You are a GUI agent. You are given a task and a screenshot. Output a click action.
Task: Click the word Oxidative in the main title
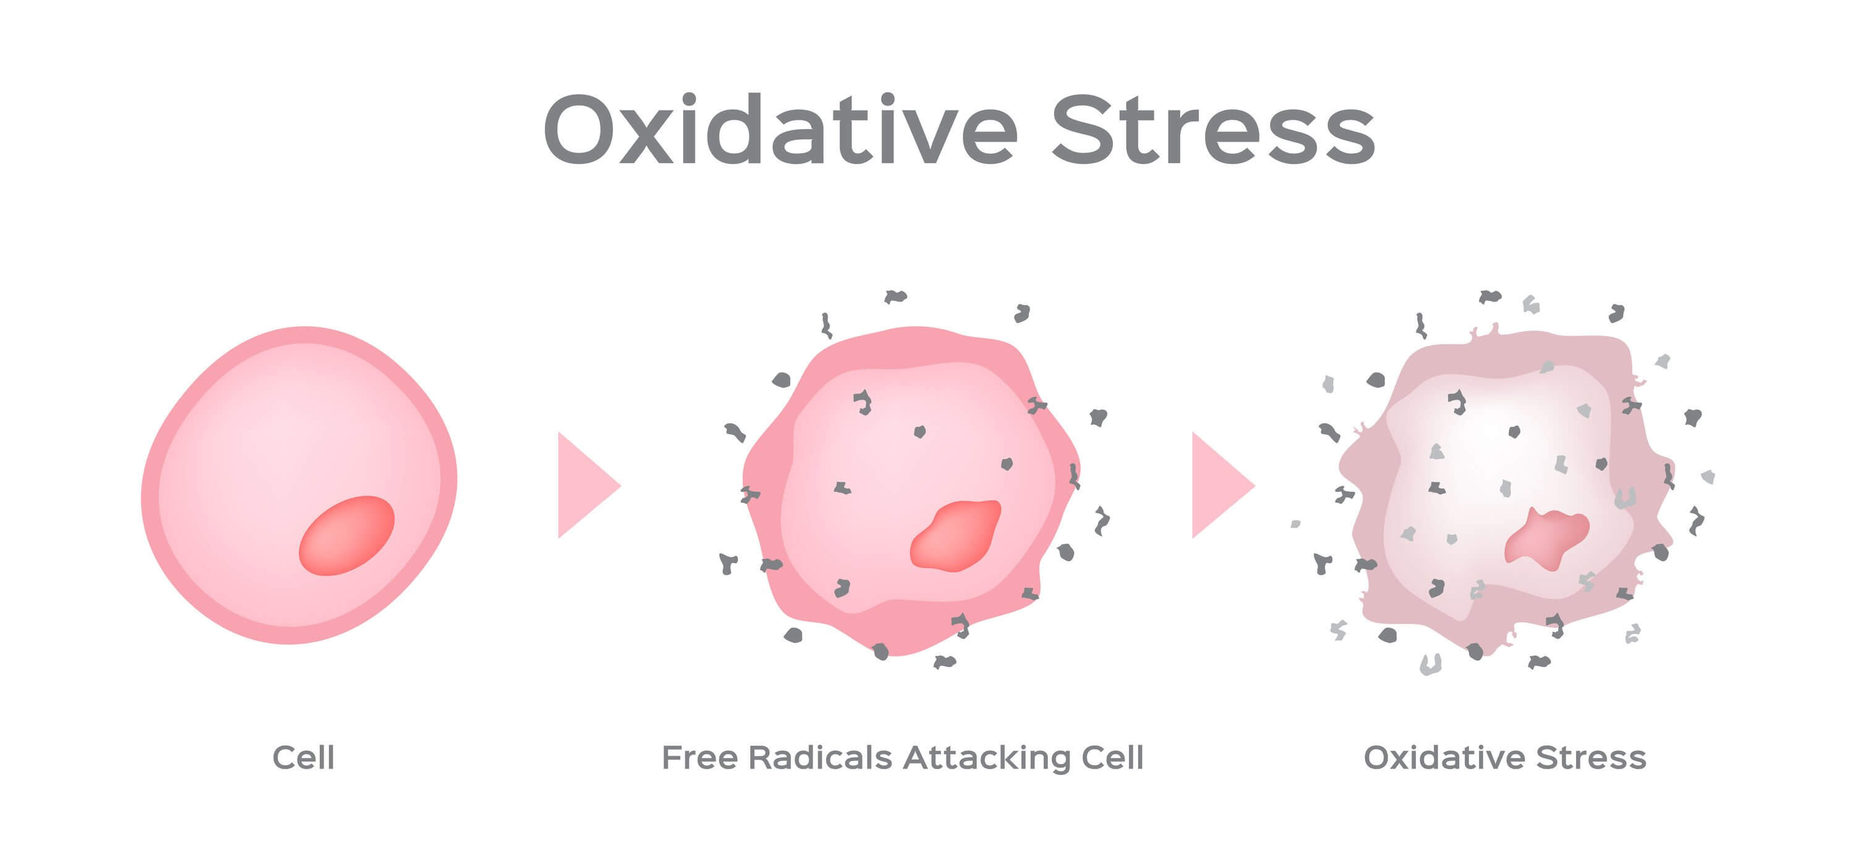click(x=780, y=129)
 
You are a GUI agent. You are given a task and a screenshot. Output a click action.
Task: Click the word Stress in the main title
click(x=1214, y=129)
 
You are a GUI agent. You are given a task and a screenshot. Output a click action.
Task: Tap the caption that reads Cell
click(x=304, y=757)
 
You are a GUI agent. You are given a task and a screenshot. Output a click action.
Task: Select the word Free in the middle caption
click(x=699, y=757)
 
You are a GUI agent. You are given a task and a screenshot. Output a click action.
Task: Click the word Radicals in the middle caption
click(x=820, y=757)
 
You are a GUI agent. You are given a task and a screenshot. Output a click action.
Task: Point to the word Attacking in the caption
click(x=987, y=757)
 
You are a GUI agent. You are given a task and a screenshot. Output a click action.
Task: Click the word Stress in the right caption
click(x=1591, y=757)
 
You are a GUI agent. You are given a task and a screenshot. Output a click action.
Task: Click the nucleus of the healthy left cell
click(x=346, y=535)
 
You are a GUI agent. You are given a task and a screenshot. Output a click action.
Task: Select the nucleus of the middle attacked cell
click(x=955, y=535)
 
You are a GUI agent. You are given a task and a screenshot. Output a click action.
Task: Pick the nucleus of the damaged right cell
click(x=1547, y=539)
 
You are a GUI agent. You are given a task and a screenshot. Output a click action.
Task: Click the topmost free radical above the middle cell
click(x=895, y=296)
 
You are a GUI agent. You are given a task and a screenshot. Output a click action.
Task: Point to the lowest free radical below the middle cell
click(x=944, y=662)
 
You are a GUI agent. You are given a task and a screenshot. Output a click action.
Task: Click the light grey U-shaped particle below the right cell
click(x=1430, y=663)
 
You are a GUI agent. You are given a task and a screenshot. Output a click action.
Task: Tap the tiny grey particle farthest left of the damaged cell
click(x=1295, y=523)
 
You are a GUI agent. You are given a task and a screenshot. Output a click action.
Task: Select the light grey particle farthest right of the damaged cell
click(x=1708, y=477)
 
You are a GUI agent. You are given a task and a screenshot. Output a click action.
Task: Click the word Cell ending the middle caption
click(x=1112, y=757)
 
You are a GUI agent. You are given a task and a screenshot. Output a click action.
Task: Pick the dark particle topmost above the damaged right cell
click(x=1490, y=296)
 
